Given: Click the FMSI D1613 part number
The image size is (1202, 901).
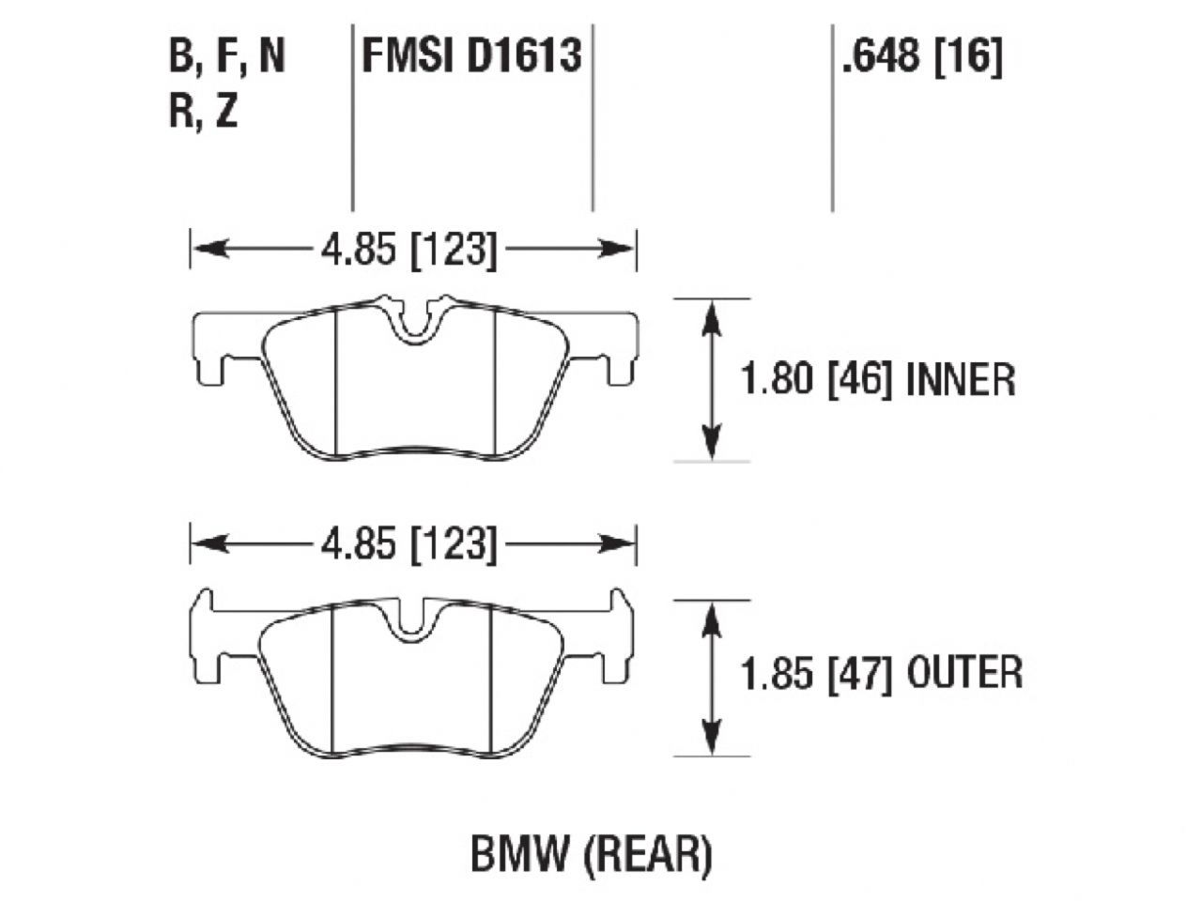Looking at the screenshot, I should pyautogui.click(x=471, y=56).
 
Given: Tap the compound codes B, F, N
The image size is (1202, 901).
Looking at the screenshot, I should pyautogui.click(x=226, y=57).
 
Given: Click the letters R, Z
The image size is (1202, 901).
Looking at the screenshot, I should pyautogui.click(x=203, y=113).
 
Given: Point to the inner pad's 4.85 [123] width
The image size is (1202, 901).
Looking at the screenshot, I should pyautogui.click(x=408, y=250).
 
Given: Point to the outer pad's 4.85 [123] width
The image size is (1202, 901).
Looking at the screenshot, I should pyautogui.click(x=408, y=544).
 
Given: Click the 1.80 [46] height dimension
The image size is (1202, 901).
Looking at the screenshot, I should pyautogui.click(x=815, y=380).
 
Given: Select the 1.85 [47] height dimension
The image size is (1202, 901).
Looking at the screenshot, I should pyautogui.click(x=815, y=673).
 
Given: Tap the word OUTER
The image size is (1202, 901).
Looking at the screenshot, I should pyautogui.click(x=965, y=673).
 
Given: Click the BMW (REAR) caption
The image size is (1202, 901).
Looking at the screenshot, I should pyautogui.click(x=591, y=856).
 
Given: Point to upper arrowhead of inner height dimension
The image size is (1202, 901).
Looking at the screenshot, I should pyautogui.click(x=713, y=313).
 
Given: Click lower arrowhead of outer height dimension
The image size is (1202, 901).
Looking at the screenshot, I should pyautogui.click(x=713, y=741).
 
